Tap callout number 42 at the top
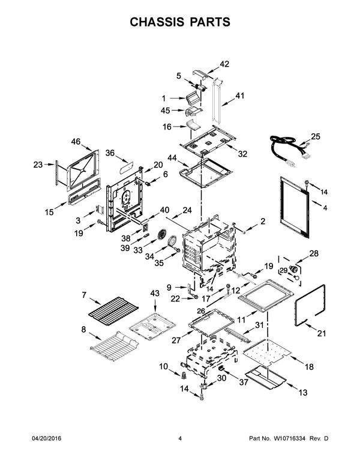point(224,64)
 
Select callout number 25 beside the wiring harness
point(316,136)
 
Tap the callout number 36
point(110,153)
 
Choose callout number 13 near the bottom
point(302,392)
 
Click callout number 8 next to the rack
point(84,328)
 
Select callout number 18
point(309,366)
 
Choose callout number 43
point(155,292)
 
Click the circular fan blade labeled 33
point(161,236)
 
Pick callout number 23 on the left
point(38,165)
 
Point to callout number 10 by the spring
point(163,366)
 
